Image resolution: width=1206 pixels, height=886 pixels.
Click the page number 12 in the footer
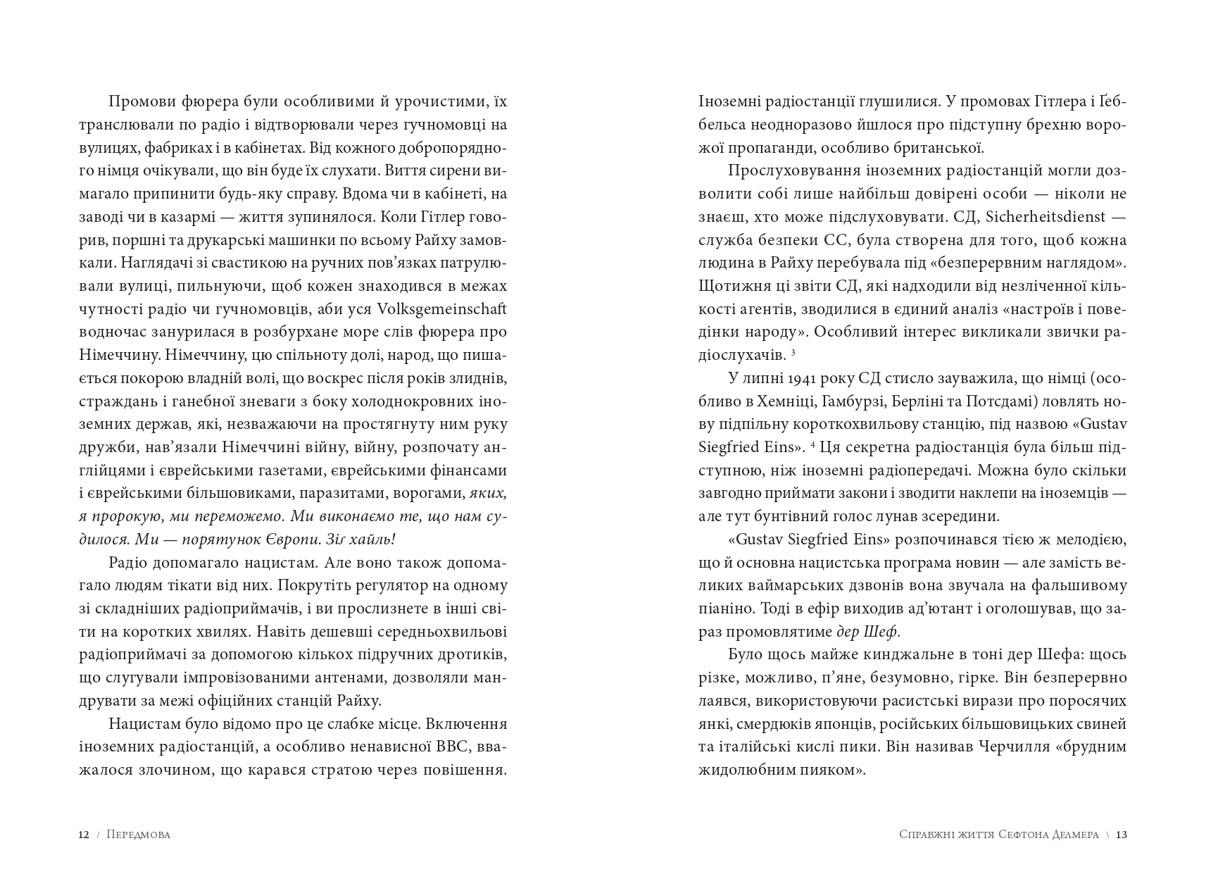pyautogui.click(x=84, y=835)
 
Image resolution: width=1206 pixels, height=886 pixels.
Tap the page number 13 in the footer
pyautogui.click(x=1122, y=835)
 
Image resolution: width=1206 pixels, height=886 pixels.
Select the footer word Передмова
pyautogui.click(x=139, y=835)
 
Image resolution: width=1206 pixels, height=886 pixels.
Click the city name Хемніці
pyautogui.click(x=786, y=401)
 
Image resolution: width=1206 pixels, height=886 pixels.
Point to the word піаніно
pyautogui.click(x=722, y=609)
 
